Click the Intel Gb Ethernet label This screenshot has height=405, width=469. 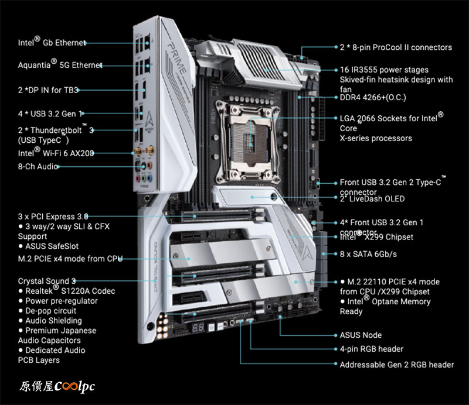tap(52, 42)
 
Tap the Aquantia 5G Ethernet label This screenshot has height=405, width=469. tap(60, 64)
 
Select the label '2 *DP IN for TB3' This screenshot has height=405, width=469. tap(48, 90)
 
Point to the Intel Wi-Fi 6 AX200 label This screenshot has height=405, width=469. tap(56, 152)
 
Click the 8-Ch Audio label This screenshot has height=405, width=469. tap(38, 166)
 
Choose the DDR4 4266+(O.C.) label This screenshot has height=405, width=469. tap(373, 97)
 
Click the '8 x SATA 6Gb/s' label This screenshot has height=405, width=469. tap(368, 254)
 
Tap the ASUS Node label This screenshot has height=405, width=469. tap(361, 335)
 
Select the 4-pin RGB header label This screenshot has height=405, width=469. tap(372, 349)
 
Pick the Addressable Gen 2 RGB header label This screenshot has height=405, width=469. tap(397, 365)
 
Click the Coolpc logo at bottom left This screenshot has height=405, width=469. tap(57, 386)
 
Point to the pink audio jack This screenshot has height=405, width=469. tap(138, 179)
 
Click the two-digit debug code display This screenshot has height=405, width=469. tap(198, 328)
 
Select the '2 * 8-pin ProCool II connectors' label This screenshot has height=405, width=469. tap(396, 47)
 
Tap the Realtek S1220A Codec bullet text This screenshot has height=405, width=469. tap(67, 291)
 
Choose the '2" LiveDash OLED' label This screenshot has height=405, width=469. tap(372, 199)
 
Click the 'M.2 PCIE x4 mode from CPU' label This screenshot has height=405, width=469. tap(70, 259)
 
